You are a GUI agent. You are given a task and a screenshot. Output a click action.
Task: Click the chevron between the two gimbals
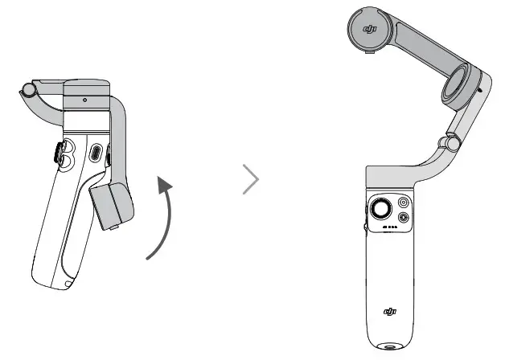252,180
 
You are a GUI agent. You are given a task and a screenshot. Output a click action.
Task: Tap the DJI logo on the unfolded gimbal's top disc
371,30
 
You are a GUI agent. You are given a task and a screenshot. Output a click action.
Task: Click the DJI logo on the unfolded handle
390,311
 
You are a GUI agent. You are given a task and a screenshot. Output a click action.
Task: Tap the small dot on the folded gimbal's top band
84,100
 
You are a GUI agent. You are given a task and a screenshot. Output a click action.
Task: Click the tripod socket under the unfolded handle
390,350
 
